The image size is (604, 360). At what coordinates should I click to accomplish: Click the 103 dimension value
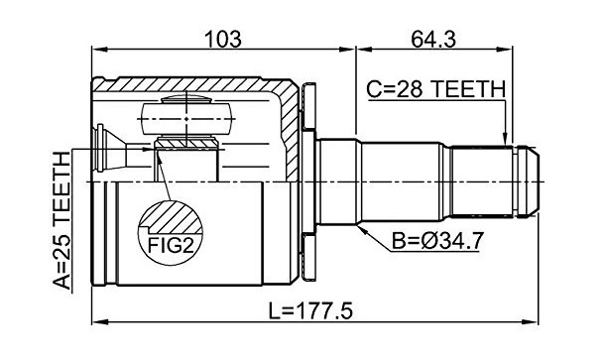point(223,40)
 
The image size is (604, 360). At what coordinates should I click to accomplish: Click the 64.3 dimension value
point(433,40)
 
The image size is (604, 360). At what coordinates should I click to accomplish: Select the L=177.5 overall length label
point(310,311)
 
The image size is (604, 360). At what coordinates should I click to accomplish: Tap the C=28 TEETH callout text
point(435,89)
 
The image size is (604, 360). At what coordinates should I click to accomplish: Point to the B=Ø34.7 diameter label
point(436,241)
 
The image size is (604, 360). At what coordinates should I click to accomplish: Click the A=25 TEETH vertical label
point(62,220)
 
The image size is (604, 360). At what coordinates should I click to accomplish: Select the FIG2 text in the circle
point(171,245)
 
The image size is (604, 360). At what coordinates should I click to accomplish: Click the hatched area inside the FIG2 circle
point(172,217)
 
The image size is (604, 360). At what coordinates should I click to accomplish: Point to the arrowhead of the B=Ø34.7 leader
point(362,229)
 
